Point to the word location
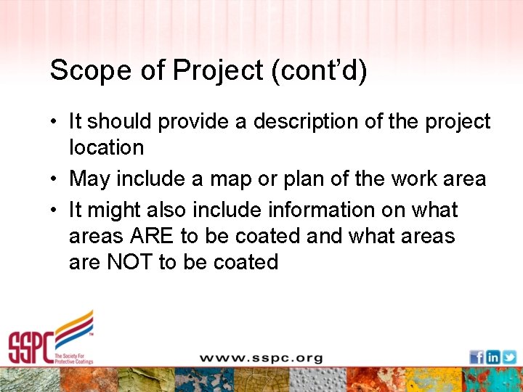tap(106, 147)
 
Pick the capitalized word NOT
tap(130, 261)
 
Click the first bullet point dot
tap(54, 122)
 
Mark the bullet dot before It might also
tap(54, 211)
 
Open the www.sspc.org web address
tap(261, 358)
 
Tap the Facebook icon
tap(477, 357)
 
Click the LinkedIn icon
tap(492, 357)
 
